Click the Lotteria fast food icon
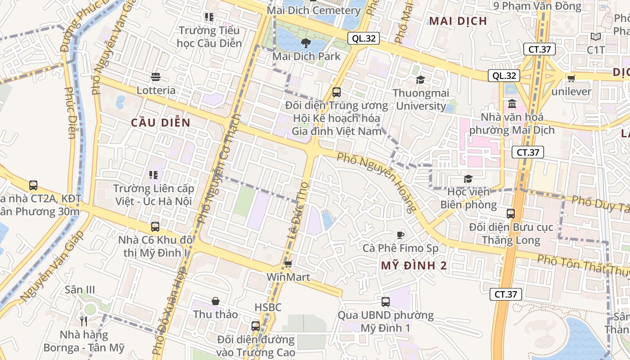[x=156, y=76]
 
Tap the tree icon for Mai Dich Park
[x=306, y=43]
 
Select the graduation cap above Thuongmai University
[x=420, y=80]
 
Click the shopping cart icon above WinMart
[x=288, y=264]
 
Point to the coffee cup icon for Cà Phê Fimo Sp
[x=400, y=234]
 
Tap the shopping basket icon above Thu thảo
[x=216, y=301]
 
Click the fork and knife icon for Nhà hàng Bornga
[x=83, y=321]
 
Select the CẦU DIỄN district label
[x=161, y=122]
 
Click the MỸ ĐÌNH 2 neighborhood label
[x=414, y=265]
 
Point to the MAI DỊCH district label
[x=458, y=21]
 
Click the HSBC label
[x=268, y=307]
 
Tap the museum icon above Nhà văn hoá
[x=512, y=104]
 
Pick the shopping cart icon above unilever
[x=571, y=78]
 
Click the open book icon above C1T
[x=596, y=37]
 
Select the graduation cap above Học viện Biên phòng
[x=468, y=179]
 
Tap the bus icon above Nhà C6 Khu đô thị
[x=155, y=226]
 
